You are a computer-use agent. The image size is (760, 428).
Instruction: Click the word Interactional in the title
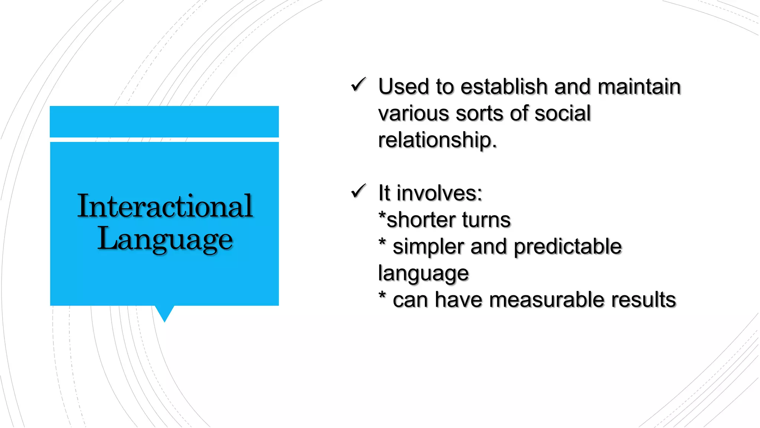click(165, 206)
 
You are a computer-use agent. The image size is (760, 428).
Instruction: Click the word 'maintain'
click(639, 87)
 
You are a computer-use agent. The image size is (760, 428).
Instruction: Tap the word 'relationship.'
click(437, 140)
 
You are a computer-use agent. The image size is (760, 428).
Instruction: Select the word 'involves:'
click(439, 193)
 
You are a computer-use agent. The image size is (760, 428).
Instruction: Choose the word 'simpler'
click(428, 247)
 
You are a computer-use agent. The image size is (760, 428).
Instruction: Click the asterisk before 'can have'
click(382, 295)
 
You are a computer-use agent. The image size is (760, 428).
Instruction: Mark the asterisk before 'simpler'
click(382, 242)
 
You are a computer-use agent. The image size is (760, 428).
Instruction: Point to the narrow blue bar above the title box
click(164, 121)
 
